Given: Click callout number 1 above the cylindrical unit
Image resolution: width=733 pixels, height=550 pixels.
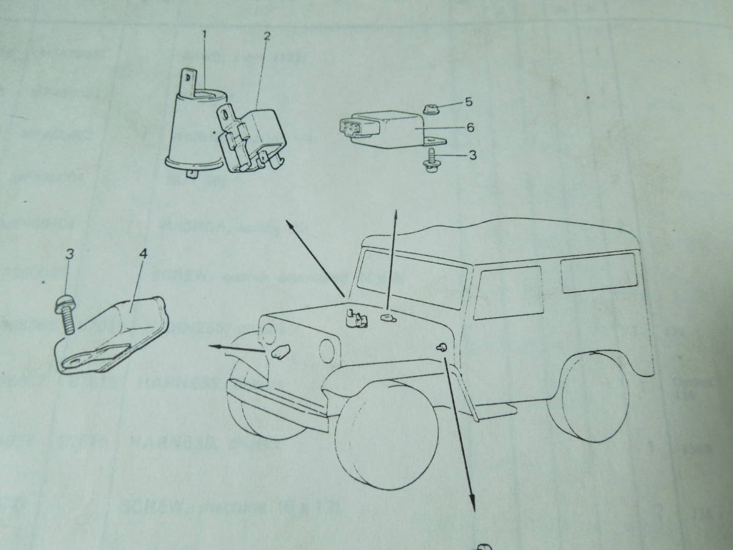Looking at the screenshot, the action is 205,36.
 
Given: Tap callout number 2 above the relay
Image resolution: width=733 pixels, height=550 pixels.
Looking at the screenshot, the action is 267,36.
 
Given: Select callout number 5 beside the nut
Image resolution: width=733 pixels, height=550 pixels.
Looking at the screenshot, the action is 469,102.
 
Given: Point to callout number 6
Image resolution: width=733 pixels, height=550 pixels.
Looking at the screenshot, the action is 470,128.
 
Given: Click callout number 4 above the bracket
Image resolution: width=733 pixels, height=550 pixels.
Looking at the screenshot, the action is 142,253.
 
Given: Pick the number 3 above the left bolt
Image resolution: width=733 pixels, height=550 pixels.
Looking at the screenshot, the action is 69,253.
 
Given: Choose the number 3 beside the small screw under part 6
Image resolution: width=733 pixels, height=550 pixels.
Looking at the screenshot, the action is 472,155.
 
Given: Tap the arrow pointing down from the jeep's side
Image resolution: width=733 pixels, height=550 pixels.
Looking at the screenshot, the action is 461,440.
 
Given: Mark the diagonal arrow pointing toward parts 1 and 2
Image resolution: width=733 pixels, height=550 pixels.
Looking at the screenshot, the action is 312,257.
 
